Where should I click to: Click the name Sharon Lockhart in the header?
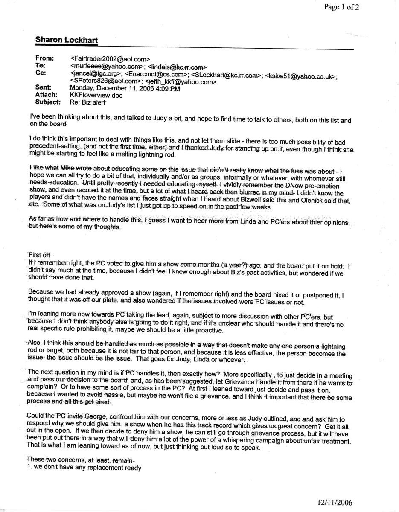pos(66,41)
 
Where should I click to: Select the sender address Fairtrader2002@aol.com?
pos(110,58)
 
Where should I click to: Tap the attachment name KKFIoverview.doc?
pos(96,95)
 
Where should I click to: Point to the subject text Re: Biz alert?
pos(87,102)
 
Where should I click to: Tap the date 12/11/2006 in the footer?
pos(335,503)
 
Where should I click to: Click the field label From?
pos(44,58)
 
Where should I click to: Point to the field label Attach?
pos(46,95)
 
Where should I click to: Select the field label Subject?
pos(48,102)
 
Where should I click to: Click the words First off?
pos(39,255)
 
